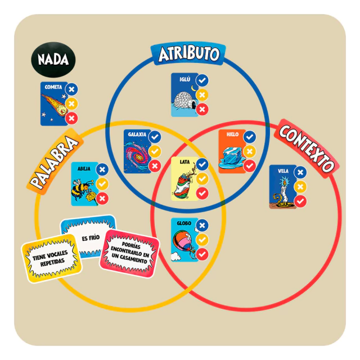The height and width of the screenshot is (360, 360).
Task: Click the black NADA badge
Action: [x=53, y=59]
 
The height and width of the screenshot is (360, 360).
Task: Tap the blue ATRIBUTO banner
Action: [x=188, y=54]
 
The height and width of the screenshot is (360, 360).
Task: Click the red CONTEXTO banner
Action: [x=307, y=148]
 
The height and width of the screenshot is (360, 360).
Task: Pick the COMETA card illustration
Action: [x=53, y=109]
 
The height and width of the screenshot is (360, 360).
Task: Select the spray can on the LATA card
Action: [x=183, y=184]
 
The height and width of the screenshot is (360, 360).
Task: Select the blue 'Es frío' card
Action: [x=90, y=236]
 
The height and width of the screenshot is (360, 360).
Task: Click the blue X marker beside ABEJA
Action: [x=102, y=169]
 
